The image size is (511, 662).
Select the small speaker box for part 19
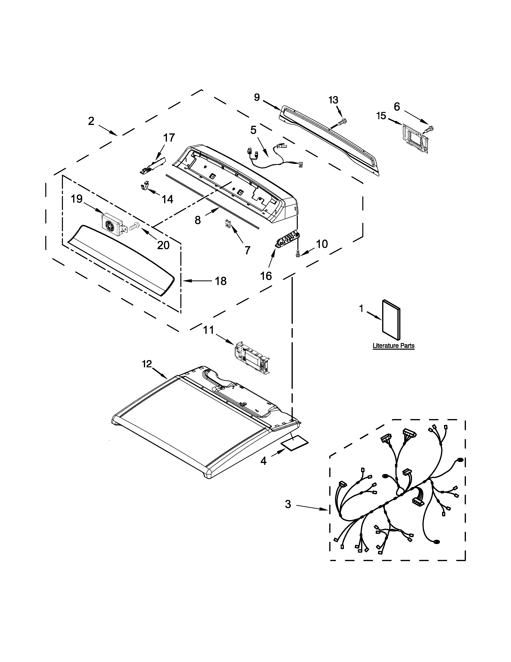click(112, 224)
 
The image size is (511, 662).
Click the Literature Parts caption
click(393, 346)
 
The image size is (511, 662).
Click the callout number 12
click(147, 364)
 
